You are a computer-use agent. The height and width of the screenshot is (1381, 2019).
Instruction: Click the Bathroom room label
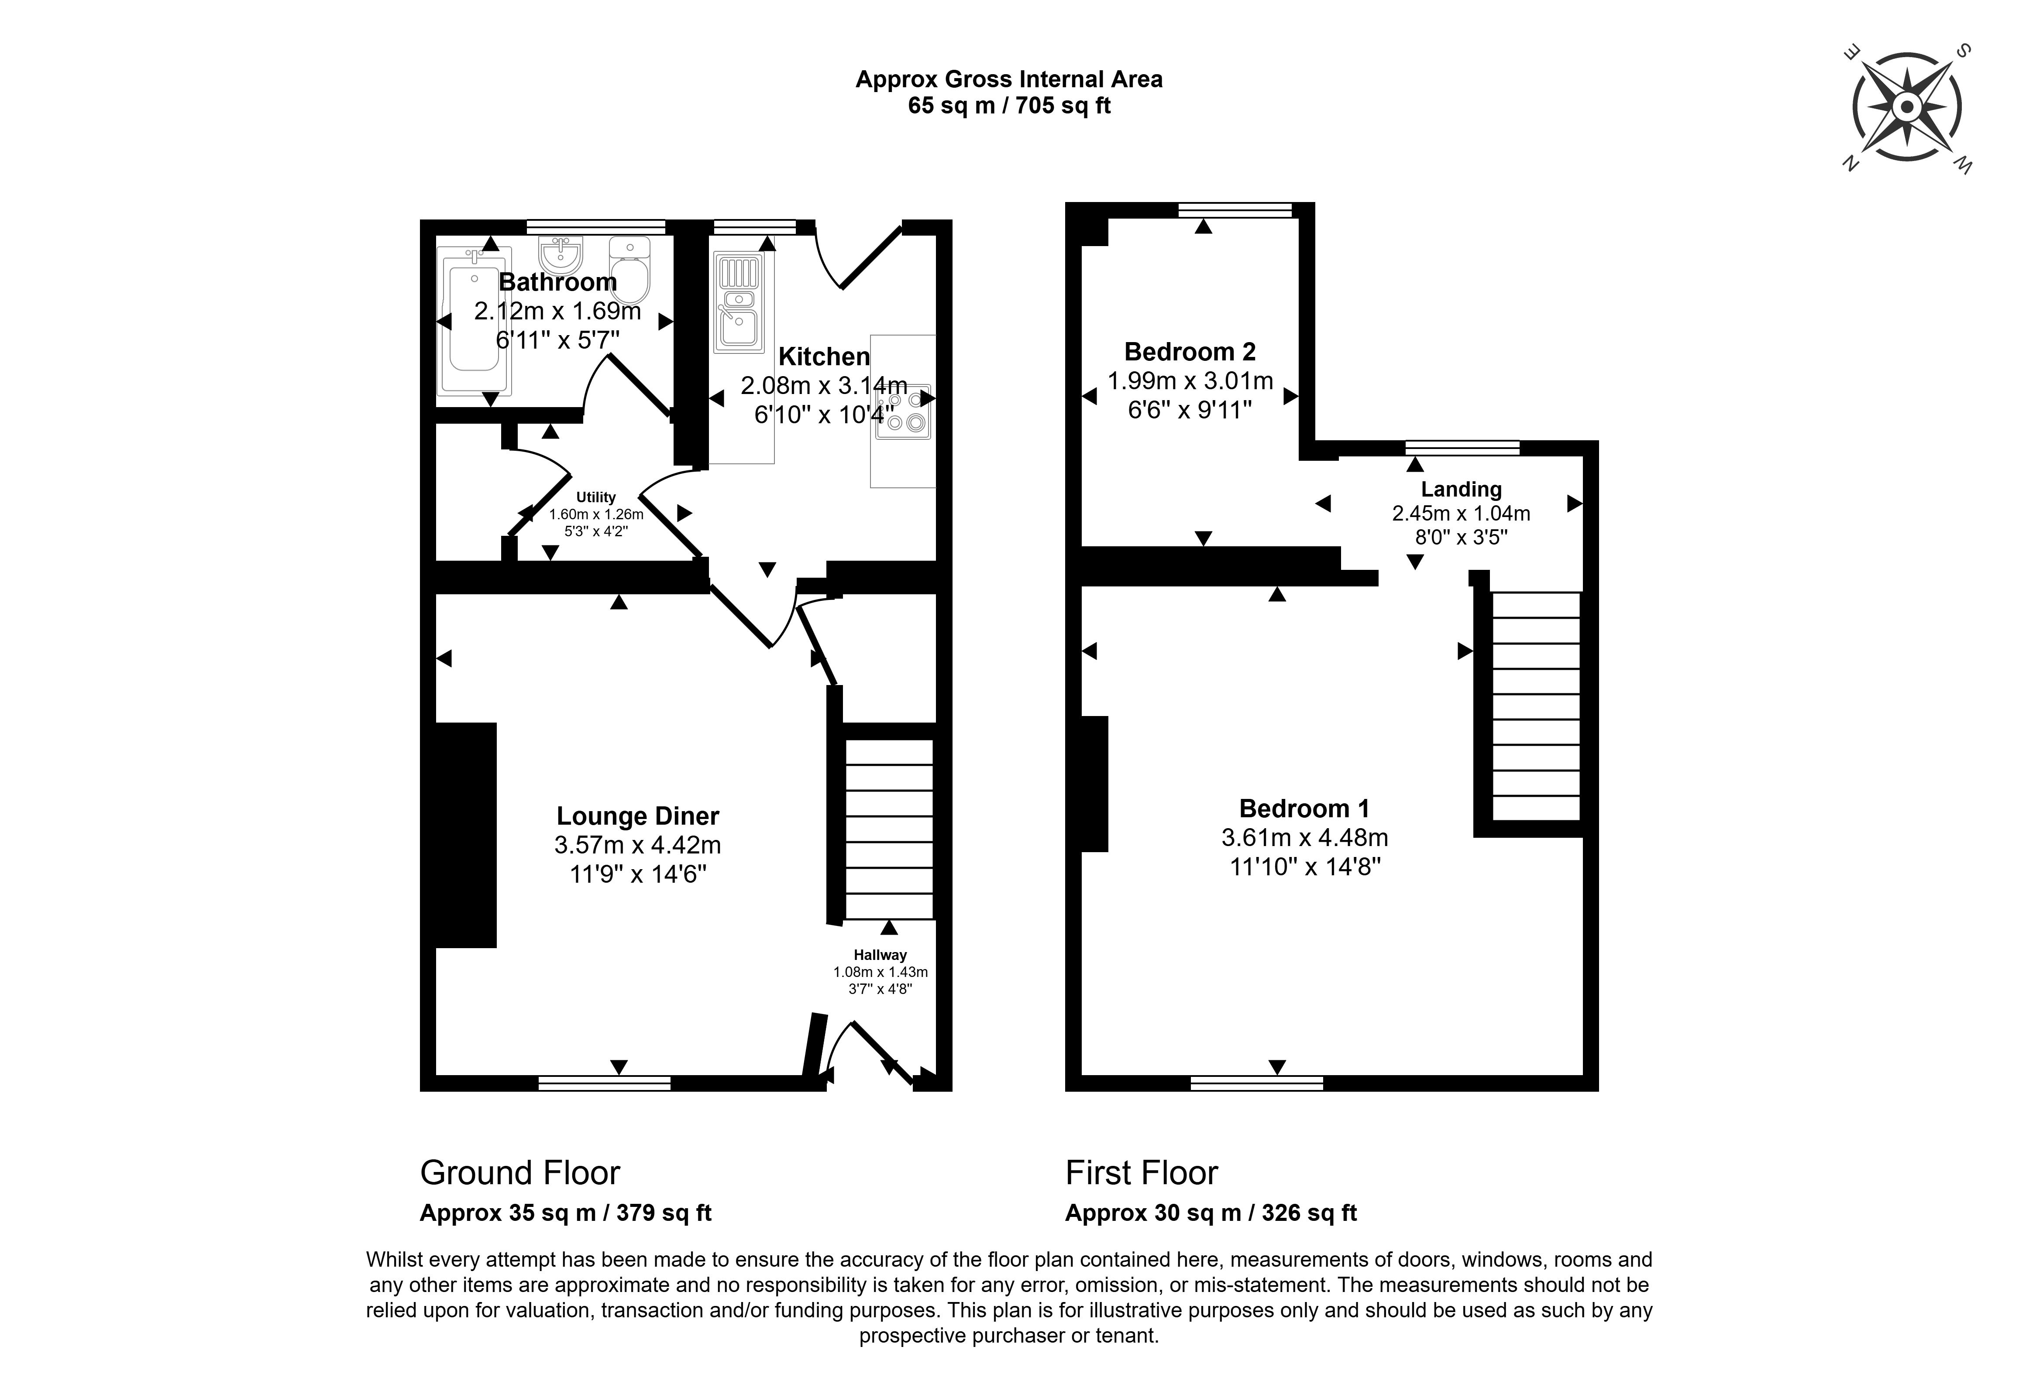[558, 282]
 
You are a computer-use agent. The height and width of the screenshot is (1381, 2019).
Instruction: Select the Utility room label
[596, 498]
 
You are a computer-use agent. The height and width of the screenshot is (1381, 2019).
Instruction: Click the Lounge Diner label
[638, 816]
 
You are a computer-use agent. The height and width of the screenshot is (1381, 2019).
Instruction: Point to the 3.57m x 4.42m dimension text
[638, 845]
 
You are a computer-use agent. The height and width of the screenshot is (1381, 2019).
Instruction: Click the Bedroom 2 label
[1189, 352]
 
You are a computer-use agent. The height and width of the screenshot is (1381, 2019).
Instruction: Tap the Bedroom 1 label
[1304, 809]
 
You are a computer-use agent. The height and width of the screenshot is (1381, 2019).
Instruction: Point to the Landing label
[1461, 489]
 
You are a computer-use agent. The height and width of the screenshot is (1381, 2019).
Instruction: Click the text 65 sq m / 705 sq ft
[1009, 106]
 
